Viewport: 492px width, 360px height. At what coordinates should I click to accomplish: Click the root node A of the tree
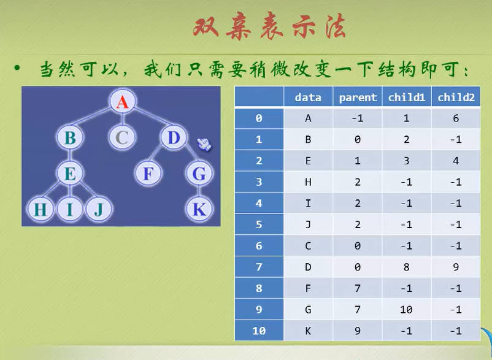122,102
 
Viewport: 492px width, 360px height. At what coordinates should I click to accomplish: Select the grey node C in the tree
122,137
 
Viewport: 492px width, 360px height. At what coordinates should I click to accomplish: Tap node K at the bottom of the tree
199,209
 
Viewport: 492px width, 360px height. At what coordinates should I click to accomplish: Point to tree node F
148,173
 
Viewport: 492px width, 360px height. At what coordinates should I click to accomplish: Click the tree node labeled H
40,209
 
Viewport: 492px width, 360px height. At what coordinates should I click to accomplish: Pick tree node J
99,209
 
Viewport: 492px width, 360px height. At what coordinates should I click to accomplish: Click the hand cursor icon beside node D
204,144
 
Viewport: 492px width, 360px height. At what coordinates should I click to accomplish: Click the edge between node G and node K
199,191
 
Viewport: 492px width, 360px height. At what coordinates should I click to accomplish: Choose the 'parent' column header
358,98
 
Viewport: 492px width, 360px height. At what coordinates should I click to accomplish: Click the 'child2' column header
456,98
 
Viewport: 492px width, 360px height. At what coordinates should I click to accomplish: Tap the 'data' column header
308,98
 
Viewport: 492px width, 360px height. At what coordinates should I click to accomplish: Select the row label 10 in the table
259,331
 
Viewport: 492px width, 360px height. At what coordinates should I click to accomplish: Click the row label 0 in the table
259,118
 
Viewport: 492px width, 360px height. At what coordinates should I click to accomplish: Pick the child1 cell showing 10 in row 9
406,310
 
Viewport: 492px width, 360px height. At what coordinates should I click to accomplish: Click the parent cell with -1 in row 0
358,118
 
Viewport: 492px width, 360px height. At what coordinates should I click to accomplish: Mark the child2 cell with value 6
456,118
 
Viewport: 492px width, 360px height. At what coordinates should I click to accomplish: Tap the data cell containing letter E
308,161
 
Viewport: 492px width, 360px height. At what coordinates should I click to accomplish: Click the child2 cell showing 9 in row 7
456,267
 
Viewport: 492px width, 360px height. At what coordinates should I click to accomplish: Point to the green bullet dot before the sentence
17,67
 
